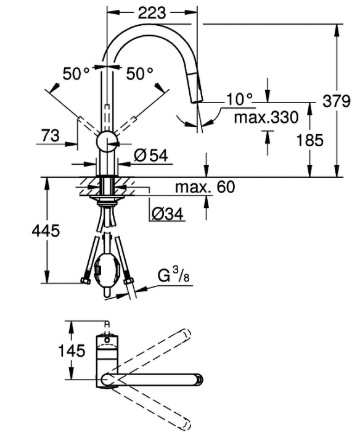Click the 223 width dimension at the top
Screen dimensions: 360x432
[152, 13]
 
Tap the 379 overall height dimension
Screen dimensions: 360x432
[336, 101]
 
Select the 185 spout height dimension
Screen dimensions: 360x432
[309, 140]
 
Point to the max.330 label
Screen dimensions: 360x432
[266, 117]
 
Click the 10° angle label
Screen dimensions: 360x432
[239, 99]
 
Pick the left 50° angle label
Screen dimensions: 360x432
[76, 73]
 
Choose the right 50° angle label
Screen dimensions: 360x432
[139, 73]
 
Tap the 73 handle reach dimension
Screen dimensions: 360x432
[51, 136]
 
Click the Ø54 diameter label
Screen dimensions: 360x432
[151, 156]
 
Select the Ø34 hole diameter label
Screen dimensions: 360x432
[167, 214]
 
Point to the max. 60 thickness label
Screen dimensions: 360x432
[205, 187]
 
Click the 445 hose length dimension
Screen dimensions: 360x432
[46, 230]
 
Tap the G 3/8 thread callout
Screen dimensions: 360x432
[173, 276]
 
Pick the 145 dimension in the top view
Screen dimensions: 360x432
[72, 351]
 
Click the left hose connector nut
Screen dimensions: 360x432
[86, 281]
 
